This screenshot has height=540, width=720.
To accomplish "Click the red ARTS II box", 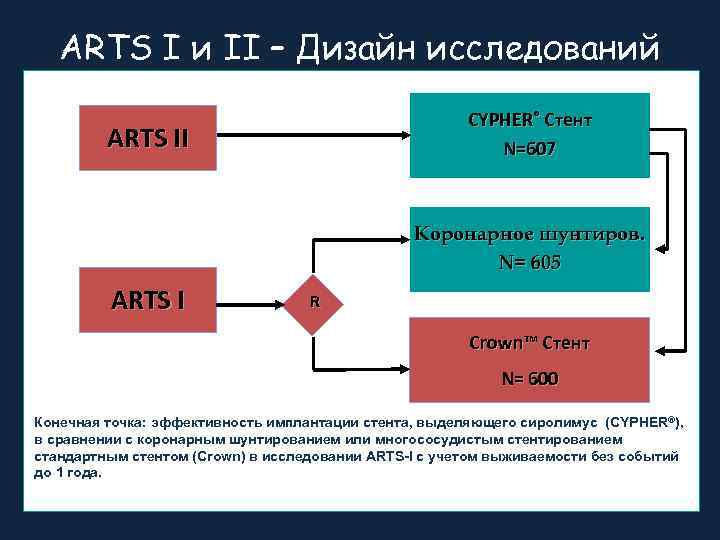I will pyautogui.click(x=148, y=136).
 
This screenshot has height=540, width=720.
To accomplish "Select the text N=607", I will pyautogui.click(x=530, y=149).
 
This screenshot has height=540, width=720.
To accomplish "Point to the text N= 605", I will pyautogui.click(x=530, y=263).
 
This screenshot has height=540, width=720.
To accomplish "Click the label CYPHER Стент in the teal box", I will pyautogui.click(x=530, y=120).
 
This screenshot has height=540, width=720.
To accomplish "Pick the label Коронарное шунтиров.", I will pyautogui.click(x=530, y=235).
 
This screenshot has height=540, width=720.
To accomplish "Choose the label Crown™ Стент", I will pyautogui.click(x=530, y=343).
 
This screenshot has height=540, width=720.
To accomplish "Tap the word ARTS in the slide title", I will pyautogui.click(x=101, y=47).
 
